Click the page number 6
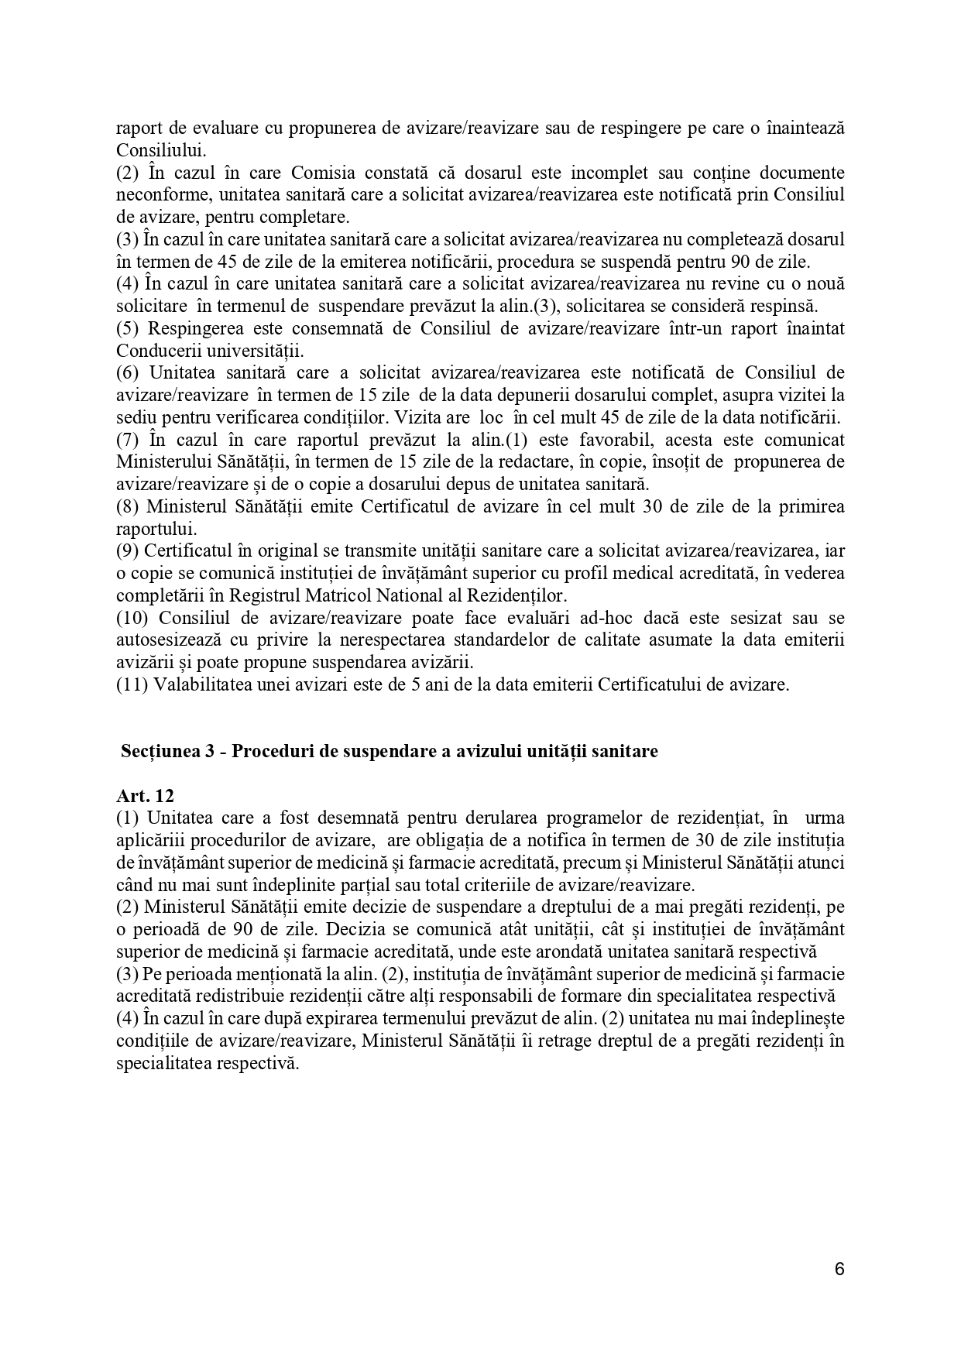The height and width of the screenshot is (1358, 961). [839, 1269]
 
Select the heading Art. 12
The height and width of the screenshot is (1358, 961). [145, 796]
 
